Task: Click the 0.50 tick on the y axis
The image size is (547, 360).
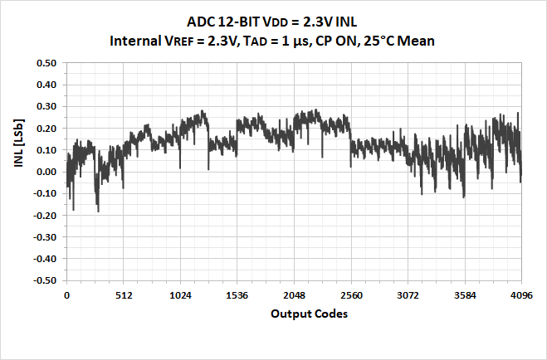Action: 45,63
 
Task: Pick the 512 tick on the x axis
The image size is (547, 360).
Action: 124,294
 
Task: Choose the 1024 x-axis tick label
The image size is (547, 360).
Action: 180,294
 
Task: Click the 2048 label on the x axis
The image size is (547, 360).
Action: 294,294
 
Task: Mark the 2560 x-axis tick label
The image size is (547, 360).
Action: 351,294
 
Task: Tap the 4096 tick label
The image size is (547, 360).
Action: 521,294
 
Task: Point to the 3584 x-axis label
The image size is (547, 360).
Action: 465,294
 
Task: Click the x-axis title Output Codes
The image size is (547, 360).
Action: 294,315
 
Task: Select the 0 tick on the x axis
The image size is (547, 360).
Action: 66,294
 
